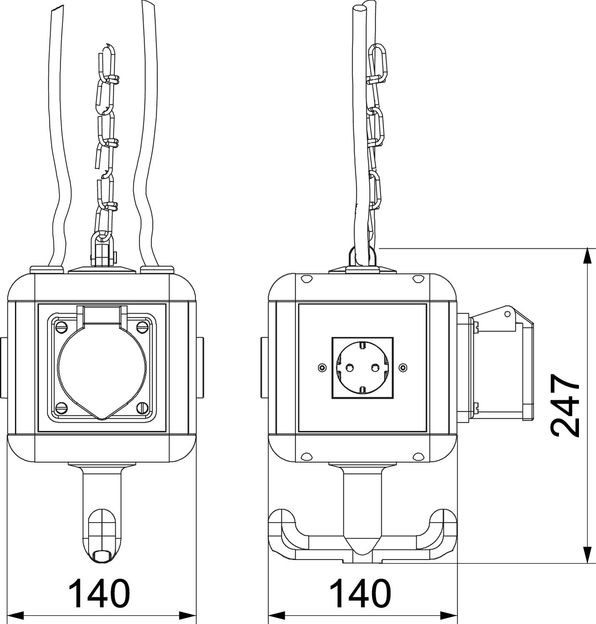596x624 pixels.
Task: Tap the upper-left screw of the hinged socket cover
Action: [61, 325]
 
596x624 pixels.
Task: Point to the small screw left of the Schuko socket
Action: [321, 367]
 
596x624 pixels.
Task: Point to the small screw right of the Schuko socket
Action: [402, 367]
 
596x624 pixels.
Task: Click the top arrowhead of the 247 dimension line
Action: [587, 255]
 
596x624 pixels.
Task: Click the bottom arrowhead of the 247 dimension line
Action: [587, 555]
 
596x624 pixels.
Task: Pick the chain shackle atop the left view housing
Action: [102, 250]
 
